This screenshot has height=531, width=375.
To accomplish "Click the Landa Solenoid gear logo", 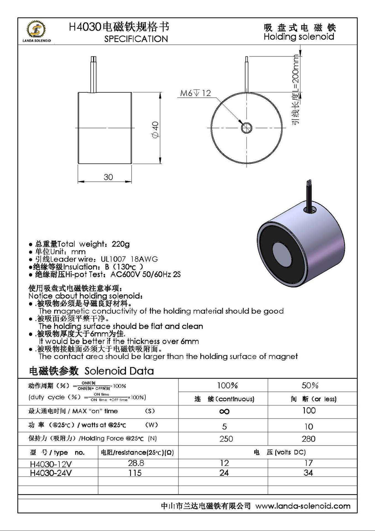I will pyautogui.click(x=36, y=30).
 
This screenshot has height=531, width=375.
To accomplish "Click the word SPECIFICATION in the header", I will pyautogui.click(x=136, y=39).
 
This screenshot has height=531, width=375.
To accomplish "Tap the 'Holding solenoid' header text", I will pyautogui.click(x=299, y=37).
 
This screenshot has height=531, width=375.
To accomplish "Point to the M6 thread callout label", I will pyautogui.click(x=195, y=93).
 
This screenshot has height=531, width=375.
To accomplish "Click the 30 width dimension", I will pyautogui.click(x=108, y=177).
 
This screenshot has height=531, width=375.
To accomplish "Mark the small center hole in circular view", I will pyautogui.click(x=246, y=128).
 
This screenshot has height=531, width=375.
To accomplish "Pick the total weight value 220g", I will pyautogui.click(x=120, y=244).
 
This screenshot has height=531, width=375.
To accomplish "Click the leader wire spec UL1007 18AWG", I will pyautogui.click(x=129, y=259).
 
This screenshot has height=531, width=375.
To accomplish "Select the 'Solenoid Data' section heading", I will pyautogui.click(x=119, y=371).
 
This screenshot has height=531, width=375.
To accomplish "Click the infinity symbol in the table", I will pyautogui.click(x=224, y=412).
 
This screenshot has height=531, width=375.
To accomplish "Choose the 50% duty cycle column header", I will pyautogui.click(x=310, y=385).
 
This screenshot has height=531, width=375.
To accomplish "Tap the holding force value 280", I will pyautogui.click(x=308, y=439).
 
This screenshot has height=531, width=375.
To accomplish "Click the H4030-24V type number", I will pyautogui.click(x=51, y=473).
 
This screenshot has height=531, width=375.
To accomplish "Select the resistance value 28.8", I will pyautogui.click(x=136, y=463).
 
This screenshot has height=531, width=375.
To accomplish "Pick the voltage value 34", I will pyautogui.click(x=308, y=473).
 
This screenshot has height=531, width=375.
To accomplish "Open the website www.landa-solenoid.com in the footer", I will pyautogui.click(x=303, y=506).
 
